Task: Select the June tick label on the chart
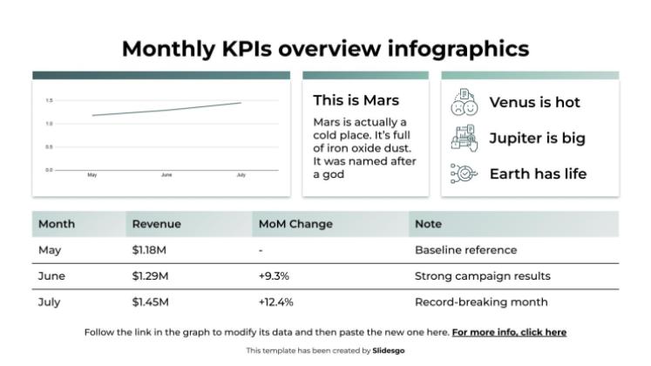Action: click(x=166, y=175)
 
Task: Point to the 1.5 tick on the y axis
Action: click(x=49, y=101)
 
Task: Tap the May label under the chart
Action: click(x=92, y=175)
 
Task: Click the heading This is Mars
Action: click(x=356, y=100)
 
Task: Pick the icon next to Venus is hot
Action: click(x=464, y=102)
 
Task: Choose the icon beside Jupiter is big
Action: click(x=464, y=138)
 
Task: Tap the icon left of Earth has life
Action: click(x=464, y=173)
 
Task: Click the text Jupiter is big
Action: click(x=537, y=138)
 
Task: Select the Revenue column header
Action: click(x=157, y=224)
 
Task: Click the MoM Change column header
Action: click(x=295, y=224)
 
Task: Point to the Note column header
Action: click(x=428, y=224)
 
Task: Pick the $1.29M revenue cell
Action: click(x=150, y=276)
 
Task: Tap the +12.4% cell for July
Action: click(x=276, y=302)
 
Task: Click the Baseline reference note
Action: click(x=465, y=250)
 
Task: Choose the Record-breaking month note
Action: click(x=481, y=302)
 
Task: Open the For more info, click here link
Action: click(x=509, y=332)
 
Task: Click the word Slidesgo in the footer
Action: click(x=388, y=350)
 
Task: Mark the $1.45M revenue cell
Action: click(x=150, y=302)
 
